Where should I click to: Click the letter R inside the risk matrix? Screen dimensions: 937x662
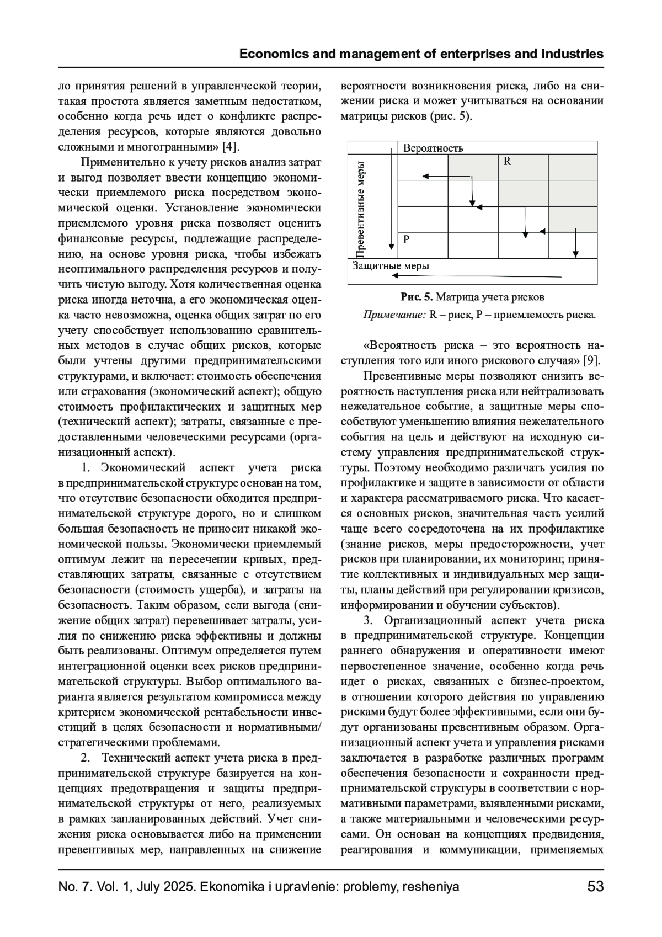click(x=508, y=162)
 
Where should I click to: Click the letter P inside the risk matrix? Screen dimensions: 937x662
click(x=406, y=239)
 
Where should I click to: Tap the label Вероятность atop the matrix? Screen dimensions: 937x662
click(x=433, y=148)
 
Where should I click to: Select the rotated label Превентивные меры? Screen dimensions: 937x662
click(x=360, y=209)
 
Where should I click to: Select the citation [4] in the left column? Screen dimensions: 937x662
click(x=230, y=147)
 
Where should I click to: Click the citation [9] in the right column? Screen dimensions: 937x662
click(x=591, y=361)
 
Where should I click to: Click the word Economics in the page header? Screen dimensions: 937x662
click(x=269, y=54)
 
